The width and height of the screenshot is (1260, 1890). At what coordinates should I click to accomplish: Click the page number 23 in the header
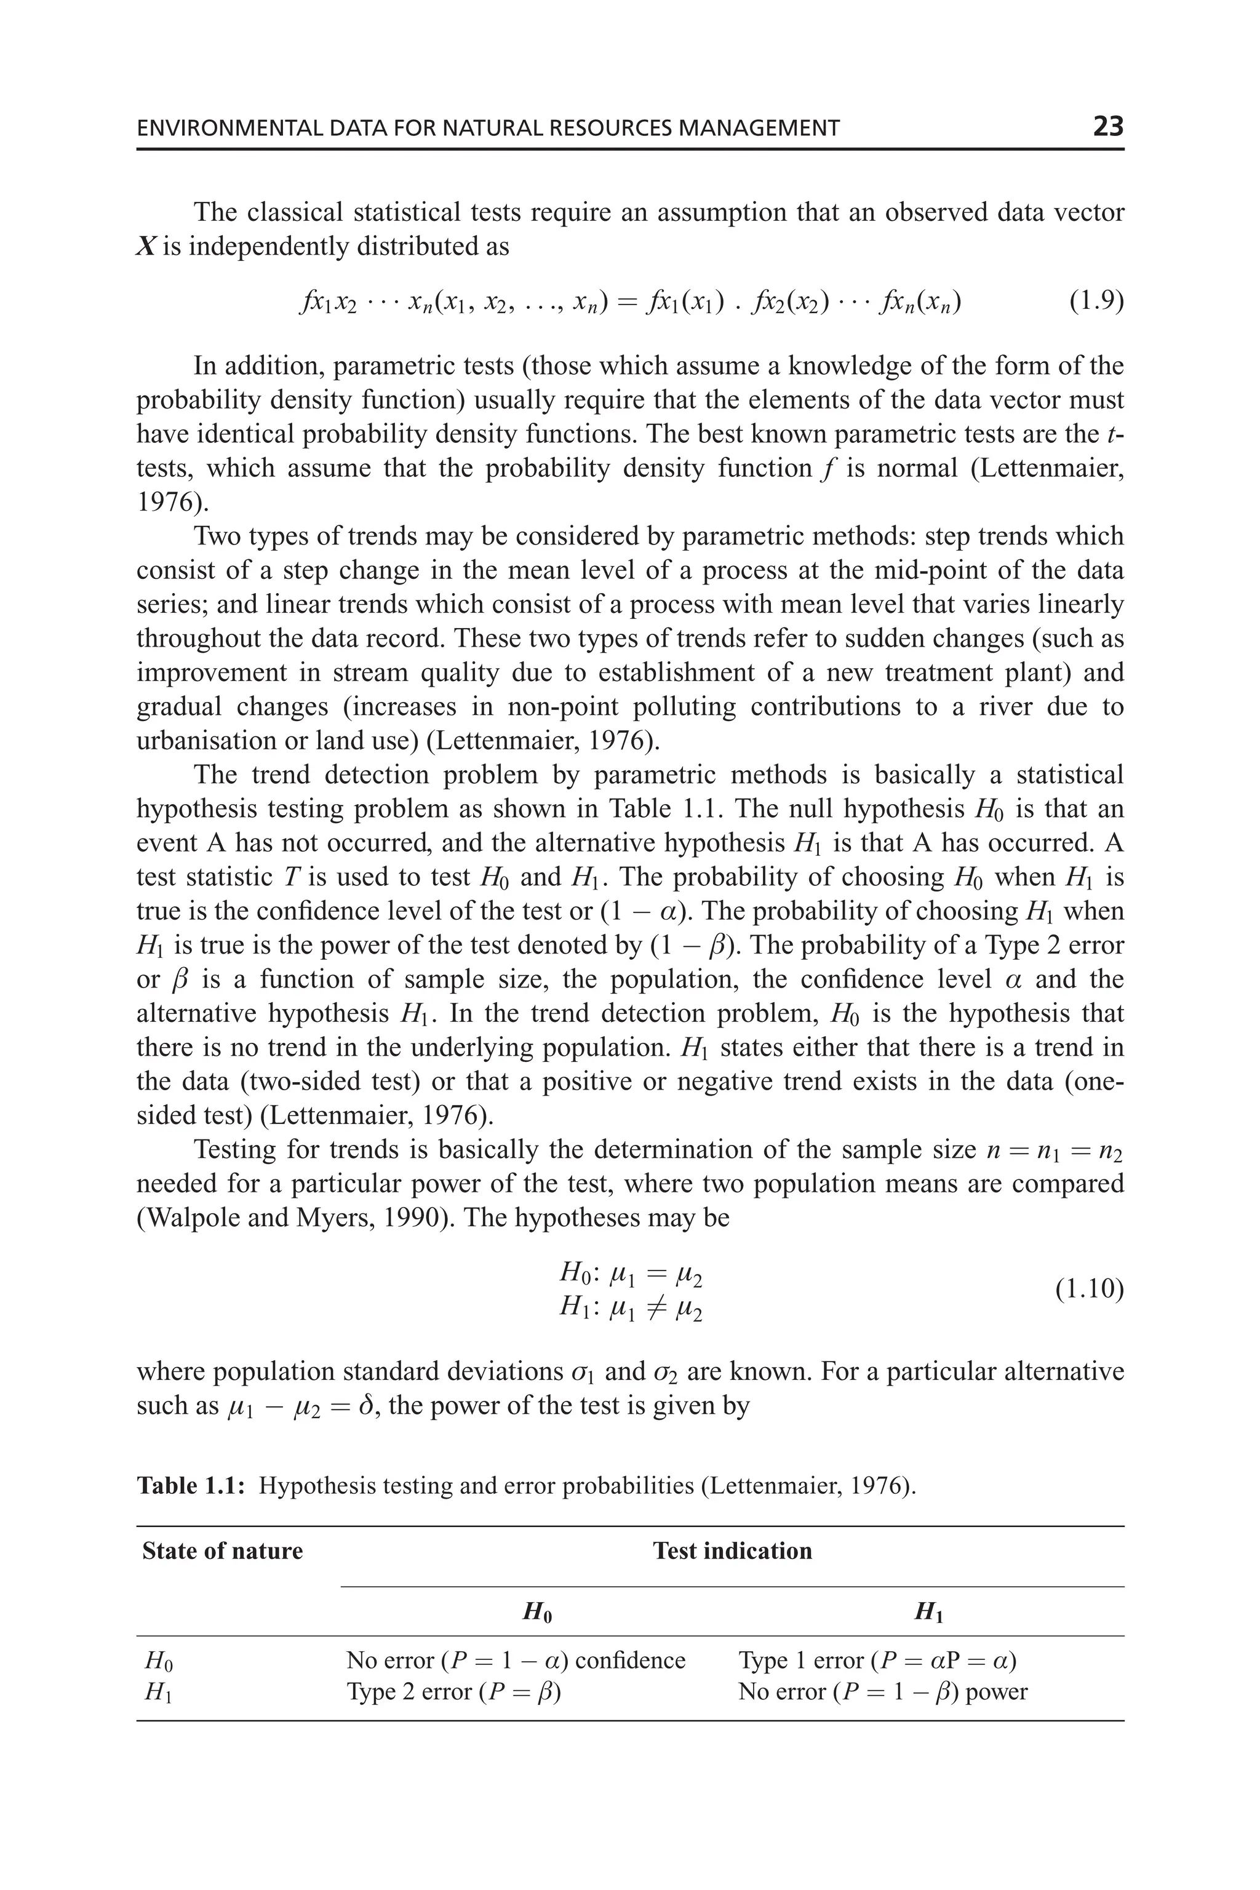[1107, 126]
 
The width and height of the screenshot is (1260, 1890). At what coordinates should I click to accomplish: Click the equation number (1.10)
[1089, 1289]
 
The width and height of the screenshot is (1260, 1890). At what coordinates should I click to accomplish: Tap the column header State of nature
[223, 1550]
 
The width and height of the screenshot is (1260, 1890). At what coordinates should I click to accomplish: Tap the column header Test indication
[732, 1550]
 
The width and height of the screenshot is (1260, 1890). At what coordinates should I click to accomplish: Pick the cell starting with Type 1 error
[877, 1659]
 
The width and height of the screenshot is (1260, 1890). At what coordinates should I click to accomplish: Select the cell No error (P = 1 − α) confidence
[515, 1659]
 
